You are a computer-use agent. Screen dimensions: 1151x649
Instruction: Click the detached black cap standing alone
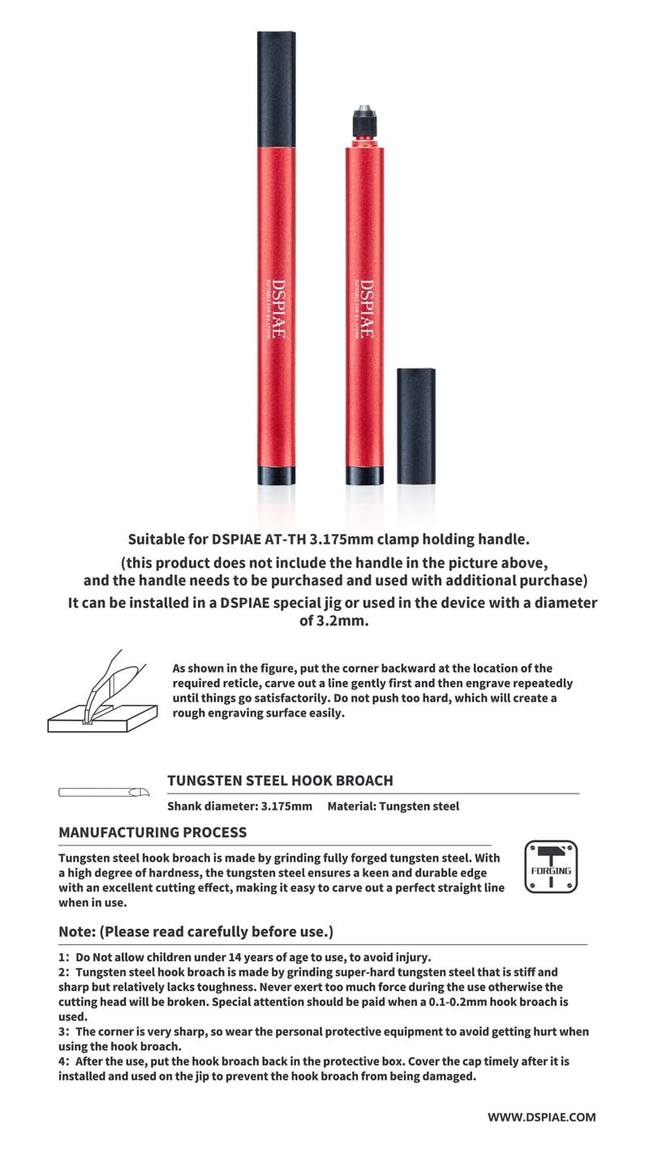tap(417, 426)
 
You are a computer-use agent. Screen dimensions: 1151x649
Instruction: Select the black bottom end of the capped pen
tap(269, 476)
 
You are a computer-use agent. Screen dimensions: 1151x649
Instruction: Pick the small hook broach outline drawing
tap(105, 791)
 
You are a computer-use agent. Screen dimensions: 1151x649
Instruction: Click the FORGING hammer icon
tap(551, 867)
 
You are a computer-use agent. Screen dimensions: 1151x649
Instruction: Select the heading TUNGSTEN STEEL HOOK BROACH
tap(280, 781)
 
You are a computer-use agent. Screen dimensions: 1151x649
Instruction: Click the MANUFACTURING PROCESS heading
tap(153, 832)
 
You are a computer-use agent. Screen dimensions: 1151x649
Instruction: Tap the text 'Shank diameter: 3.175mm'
tap(239, 807)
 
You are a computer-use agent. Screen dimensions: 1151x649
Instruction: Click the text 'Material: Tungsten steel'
tap(393, 807)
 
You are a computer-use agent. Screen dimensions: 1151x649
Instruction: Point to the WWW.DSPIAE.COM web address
tap(541, 1116)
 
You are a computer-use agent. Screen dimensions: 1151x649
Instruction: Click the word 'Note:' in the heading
tap(76, 932)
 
